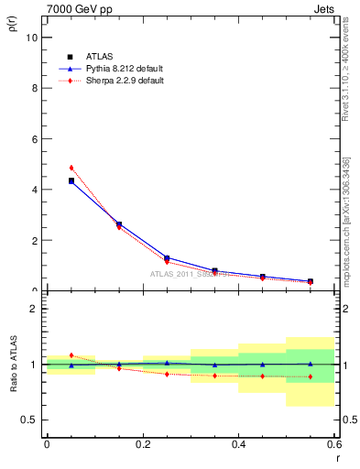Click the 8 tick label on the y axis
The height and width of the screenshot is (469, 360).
[34, 88]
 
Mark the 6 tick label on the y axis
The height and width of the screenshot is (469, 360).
[34, 139]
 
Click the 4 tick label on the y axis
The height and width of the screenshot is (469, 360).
[34, 190]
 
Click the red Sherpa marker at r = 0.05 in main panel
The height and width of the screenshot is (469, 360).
[71, 168]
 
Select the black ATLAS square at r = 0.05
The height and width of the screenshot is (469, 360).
[71, 180]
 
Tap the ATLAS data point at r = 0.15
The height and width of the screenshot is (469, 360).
[119, 224]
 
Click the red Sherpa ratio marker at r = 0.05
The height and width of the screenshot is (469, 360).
[71, 354]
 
